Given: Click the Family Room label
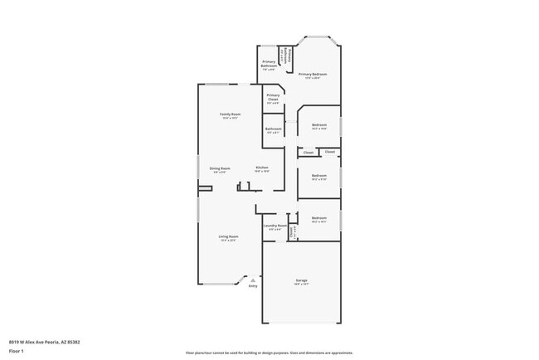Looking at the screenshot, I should [x=230, y=114].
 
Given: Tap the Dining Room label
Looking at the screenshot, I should [x=220, y=168].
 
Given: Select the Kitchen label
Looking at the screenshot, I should [x=262, y=168].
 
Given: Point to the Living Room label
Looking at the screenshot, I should [x=228, y=236].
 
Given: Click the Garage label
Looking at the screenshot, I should [x=301, y=280].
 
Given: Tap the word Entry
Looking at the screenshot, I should [x=253, y=286].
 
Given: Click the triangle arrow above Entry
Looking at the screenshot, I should [x=253, y=280].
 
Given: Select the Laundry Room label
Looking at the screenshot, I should [x=275, y=225].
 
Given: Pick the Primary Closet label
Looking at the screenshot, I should [x=273, y=97].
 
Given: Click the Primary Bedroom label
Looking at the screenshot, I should [x=313, y=74].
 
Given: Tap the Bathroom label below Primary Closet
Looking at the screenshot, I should [x=274, y=129].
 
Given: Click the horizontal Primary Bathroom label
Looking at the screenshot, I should [x=269, y=63].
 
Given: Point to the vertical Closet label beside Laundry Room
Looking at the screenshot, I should [x=292, y=231].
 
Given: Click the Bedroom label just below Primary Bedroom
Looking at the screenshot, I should [x=319, y=124].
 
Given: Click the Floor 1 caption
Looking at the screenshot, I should [x=16, y=351].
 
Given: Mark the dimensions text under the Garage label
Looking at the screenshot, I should [x=301, y=285].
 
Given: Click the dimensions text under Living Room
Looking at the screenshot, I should [x=228, y=241].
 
